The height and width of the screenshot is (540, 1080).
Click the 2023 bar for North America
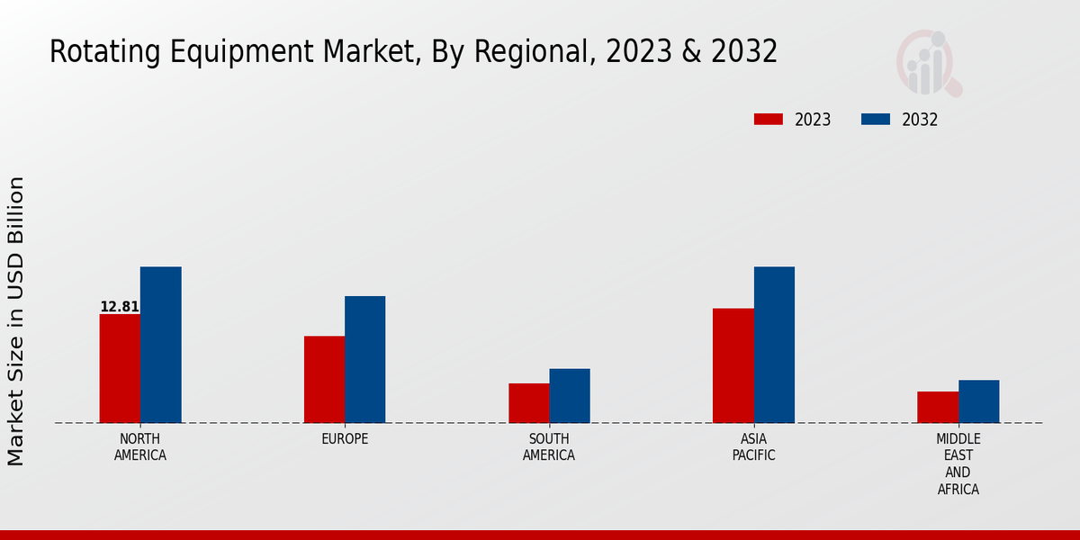pos(120,368)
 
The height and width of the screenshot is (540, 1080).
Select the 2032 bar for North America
pos(160,345)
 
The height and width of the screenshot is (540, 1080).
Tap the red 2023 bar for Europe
pos(324,379)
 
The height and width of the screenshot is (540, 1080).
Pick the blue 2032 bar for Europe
pos(364,359)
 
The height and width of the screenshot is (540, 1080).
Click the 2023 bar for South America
pos(528,402)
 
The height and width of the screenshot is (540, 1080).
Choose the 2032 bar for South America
pos(570,395)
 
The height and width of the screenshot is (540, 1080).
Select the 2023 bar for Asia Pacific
pos(733,365)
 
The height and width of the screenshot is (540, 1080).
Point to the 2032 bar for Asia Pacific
pos(774,345)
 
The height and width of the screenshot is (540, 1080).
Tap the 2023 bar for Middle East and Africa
pos(938,407)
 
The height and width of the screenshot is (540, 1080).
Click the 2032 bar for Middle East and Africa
pos(978,401)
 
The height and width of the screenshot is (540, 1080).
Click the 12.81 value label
pos(120,307)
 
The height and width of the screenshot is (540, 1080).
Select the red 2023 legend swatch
pos(769,120)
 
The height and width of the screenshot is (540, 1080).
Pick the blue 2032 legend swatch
pos(876,120)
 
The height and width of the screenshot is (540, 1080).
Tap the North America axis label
pos(140,447)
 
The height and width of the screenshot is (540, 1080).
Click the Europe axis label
pos(345,439)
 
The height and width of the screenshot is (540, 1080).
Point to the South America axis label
pos(549,447)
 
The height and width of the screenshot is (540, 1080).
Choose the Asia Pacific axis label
pos(754,447)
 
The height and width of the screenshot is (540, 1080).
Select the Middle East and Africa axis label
pos(958,464)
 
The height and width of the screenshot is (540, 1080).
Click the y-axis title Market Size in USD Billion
pos(16,321)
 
